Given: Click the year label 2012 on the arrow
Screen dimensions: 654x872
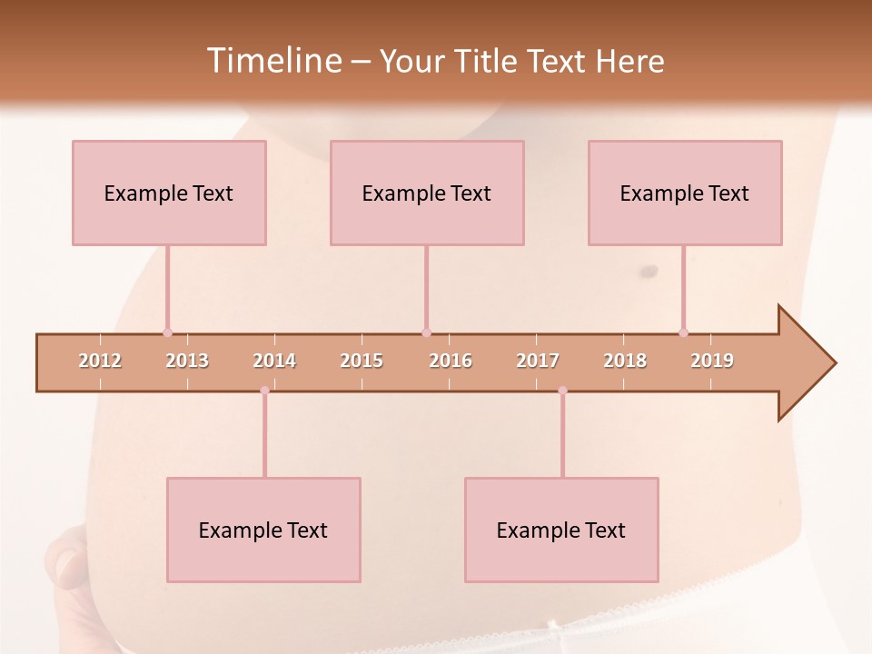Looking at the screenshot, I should (x=100, y=361).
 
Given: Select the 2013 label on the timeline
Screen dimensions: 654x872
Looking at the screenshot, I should (x=187, y=361).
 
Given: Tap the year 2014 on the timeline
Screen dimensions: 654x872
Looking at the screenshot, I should (x=274, y=361).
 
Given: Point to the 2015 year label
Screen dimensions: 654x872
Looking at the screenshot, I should (x=362, y=361).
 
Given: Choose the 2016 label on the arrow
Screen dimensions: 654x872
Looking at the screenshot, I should (x=451, y=361).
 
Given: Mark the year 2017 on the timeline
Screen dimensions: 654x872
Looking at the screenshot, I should (x=538, y=361).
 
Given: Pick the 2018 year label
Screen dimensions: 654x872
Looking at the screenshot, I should (x=625, y=361).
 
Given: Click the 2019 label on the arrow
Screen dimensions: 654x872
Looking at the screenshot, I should (x=712, y=361).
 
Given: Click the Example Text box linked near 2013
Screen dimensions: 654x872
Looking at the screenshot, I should (x=169, y=193).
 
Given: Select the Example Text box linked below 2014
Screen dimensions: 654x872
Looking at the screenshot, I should (x=263, y=530).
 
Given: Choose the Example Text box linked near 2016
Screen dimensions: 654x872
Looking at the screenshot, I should (x=427, y=193).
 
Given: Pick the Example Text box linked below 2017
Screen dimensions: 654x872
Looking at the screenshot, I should (x=561, y=530).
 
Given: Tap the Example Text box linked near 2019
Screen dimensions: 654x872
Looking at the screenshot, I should (x=685, y=193).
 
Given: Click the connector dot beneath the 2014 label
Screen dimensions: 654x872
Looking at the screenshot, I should (x=264, y=391).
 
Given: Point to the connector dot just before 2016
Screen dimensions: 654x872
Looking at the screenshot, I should (x=426, y=332).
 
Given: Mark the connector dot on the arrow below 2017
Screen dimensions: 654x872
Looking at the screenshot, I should (x=562, y=391).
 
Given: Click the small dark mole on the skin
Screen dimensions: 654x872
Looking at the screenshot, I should (x=649, y=271).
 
